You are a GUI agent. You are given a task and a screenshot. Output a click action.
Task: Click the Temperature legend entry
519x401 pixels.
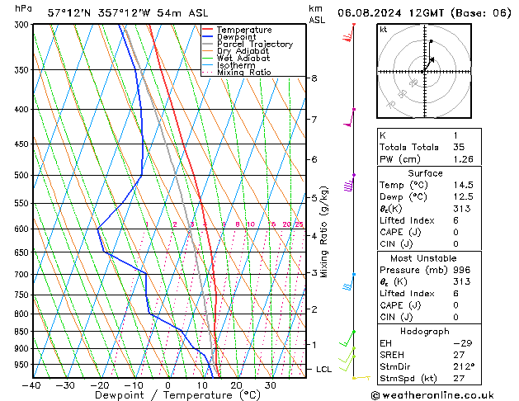tap(243, 30)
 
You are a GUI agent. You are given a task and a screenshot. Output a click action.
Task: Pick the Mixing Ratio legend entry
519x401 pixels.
tap(244, 73)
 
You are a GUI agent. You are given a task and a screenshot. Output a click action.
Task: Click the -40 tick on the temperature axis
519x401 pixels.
tap(32, 384)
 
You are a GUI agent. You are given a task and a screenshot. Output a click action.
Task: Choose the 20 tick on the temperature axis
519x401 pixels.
tap(236, 384)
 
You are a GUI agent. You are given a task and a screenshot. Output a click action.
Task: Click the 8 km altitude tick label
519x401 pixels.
tap(314, 78)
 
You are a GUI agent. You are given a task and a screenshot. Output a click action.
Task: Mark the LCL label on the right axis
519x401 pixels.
tap(324, 370)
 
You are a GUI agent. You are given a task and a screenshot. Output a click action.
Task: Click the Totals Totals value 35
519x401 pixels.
tap(459, 147)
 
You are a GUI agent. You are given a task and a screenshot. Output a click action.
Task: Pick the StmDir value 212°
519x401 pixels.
tap(464, 366)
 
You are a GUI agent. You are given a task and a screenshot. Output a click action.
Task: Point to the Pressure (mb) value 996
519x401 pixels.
tap(461, 269)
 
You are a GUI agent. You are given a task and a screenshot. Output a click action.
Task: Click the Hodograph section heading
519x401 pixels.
tap(425, 331)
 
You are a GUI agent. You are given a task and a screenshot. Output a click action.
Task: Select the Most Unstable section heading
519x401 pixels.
tap(425, 258)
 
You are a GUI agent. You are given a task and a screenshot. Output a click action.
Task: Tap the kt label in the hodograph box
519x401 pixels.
tap(384, 30)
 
